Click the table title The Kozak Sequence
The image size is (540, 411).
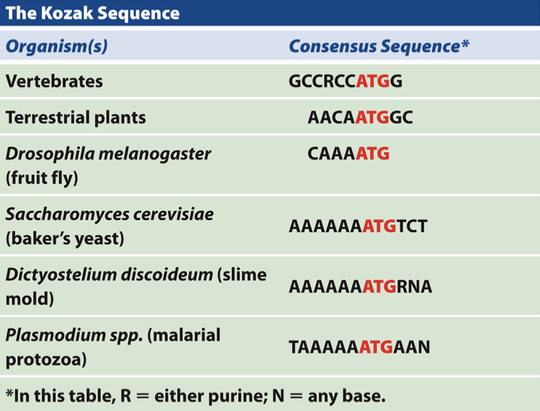(x=93, y=14)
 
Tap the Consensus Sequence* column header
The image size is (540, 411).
(x=379, y=47)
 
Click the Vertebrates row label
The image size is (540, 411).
(x=54, y=81)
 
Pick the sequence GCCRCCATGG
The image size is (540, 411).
(x=345, y=81)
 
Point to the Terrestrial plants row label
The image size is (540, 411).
(x=76, y=118)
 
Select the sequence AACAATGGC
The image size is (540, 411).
(x=360, y=118)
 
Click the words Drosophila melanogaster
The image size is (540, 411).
(x=108, y=154)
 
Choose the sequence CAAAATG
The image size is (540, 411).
(x=348, y=154)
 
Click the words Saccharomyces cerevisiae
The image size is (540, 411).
(x=109, y=215)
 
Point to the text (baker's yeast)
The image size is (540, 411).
(x=65, y=238)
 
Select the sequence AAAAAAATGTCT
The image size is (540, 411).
(x=358, y=226)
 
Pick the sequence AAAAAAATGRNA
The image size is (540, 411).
(x=360, y=287)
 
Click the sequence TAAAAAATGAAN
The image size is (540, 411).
(x=359, y=348)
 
